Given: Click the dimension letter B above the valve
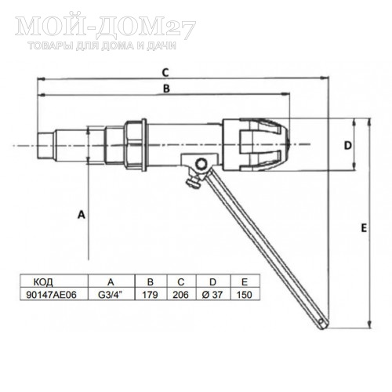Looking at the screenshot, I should coord(165,90).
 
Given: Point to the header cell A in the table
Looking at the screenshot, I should coord(110,281).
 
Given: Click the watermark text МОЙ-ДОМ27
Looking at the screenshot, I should coord(106,27).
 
